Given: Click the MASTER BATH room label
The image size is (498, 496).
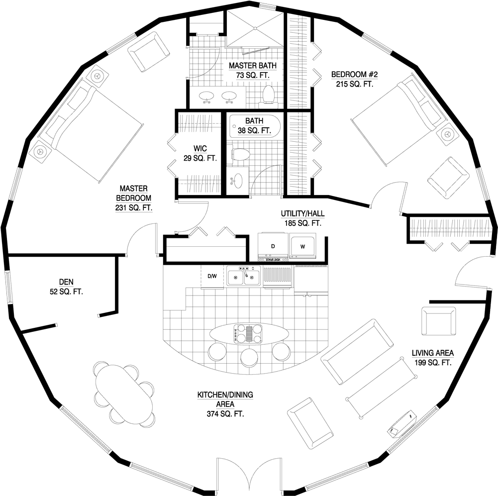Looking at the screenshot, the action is click(x=253, y=66).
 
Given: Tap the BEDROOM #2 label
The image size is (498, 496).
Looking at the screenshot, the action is click(x=354, y=75).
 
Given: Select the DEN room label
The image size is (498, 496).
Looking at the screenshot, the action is click(x=66, y=282).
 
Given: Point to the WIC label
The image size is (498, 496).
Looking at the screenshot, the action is click(x=200, y=148).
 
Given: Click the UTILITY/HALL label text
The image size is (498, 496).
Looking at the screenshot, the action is click(x=302, y=214).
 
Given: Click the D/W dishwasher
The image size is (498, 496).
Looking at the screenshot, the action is click(x=212, y=277).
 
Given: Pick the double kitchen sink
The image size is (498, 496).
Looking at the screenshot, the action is click(x=244, y=276).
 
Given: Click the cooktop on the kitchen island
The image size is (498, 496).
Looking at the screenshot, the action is click(x=248, y=334).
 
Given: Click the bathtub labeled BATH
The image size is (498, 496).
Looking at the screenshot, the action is click(x=254, y=126).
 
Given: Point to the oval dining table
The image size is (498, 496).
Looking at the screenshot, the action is click(x=123, y=394).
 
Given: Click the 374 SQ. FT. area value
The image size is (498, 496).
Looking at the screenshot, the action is click(x=225, y=414).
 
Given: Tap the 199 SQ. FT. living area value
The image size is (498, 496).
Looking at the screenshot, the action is click(x=433, y=363).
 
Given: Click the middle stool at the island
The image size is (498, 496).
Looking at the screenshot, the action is click(x=249, y=357).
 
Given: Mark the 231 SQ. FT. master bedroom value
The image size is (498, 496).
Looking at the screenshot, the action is click(x=134, y=207).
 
